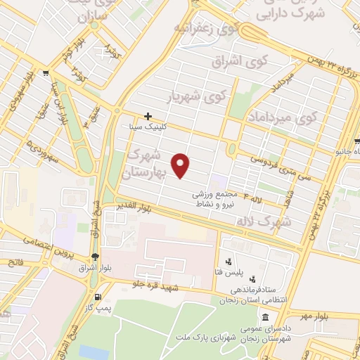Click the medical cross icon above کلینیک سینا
click(x=148, y=116)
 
